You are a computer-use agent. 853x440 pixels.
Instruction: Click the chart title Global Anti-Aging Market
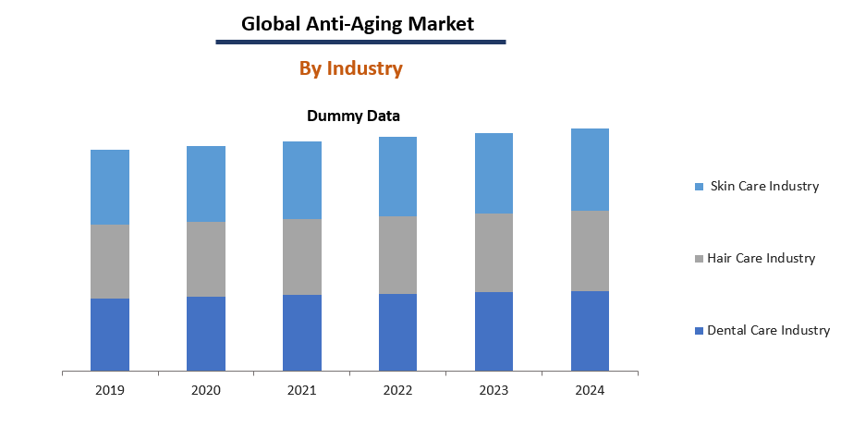click(x=358, y=24)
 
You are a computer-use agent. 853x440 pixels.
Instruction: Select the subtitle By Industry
click(x=350, y=68)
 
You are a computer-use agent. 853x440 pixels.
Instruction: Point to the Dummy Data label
click(x=353, y=116)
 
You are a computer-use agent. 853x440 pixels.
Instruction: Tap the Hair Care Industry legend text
click(x=761, y=258)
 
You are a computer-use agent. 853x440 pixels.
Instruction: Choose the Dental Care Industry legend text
click(x=768, y=330)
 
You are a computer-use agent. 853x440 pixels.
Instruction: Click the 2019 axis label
click(x=110, y=390)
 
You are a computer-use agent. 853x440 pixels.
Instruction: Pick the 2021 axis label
click(x=302, y=390)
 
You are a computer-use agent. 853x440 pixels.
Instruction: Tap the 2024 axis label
click(x=590, y=390)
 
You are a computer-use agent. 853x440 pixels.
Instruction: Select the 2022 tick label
click(x=398, y=390)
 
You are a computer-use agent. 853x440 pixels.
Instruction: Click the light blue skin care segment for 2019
click(x=110, y=187)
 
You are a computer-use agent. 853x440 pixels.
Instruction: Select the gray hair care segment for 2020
click(x=206, y=259)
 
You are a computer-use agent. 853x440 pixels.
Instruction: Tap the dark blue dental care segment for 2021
click(x=302, y=333)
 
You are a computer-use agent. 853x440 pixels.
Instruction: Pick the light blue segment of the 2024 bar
click(x=590, y=169)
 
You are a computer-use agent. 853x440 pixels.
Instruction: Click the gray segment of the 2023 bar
click(x=494, y=252)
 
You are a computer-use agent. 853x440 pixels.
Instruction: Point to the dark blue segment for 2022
click(x=398, y=333)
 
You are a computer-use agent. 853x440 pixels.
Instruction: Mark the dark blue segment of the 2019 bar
click(x=110, y=335)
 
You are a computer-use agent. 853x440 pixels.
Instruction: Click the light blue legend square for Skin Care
click(x=699, y=187)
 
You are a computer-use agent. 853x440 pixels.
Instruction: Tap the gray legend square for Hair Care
click(x=699, y=259)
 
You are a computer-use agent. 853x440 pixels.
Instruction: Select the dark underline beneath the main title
click(x=360, y=42)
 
